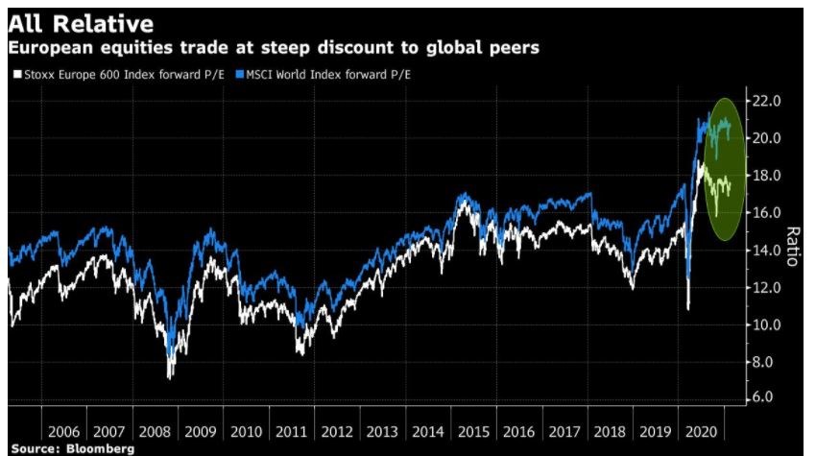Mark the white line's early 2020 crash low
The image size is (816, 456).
click(688, 308)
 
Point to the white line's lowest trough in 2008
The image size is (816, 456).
click(170, 377)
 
